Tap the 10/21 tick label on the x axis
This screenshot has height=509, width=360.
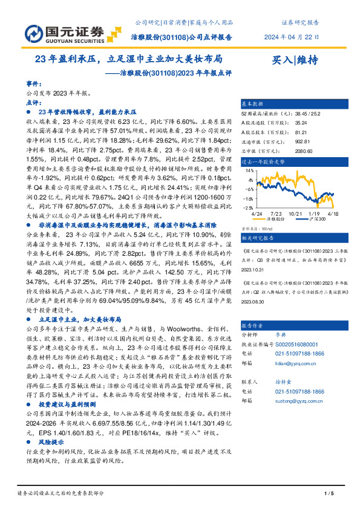click(x=295, y=213)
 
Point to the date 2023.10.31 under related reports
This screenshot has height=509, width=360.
click(x=255, y=253)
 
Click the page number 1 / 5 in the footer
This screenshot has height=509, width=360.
click(x=329, y=493)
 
